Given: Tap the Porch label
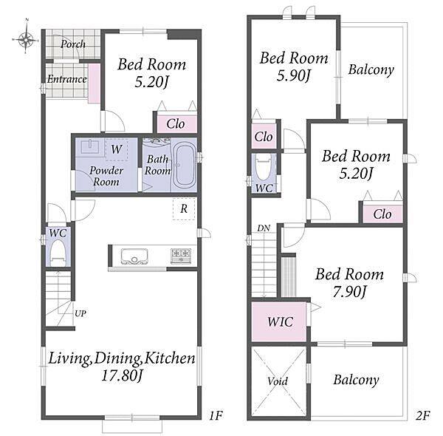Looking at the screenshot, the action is click(73, 44).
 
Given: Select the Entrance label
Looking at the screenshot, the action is click(66, 79).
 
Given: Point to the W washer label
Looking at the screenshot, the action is click(117, 149).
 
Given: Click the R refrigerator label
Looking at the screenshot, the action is click(184, 209).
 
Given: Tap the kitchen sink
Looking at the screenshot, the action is click(134, 256).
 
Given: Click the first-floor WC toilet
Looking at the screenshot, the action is click(58, 253).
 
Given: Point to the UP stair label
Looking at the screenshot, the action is click(80, 313).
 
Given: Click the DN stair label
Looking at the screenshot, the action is click(264, 228).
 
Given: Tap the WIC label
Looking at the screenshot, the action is click(281, 321).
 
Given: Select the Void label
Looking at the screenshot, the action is click(278, 381).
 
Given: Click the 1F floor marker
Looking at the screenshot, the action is click(216, 415).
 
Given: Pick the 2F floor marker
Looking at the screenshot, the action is click(422, 415).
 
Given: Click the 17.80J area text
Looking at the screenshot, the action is click(122, 376).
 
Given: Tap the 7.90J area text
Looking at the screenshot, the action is click(349, 292).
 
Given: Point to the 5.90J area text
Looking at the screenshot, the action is click(294, 75).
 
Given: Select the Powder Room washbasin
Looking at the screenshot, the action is click(90, 147).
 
